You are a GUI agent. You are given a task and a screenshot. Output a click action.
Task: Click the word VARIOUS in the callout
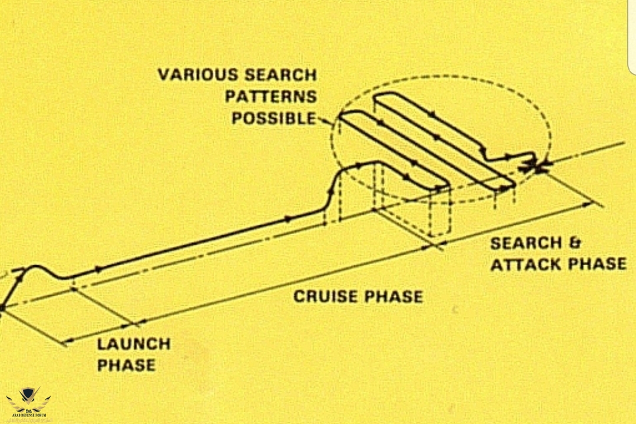pos(194,75)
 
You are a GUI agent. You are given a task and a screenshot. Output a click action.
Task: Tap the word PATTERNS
pos(270,96)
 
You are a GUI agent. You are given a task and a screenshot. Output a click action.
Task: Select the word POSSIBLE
pos(274,118)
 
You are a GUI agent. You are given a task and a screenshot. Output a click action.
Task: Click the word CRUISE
pos(326,296)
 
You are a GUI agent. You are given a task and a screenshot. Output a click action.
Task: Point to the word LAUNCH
pos(134,343)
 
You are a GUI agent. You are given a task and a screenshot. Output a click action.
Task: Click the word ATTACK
pos(528,264)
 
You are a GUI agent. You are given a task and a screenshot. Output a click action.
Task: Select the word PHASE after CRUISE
pos(393,296)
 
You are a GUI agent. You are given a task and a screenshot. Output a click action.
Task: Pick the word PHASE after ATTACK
pos(599,264)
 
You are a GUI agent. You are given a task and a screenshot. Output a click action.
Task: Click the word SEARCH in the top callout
pos(280,75)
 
